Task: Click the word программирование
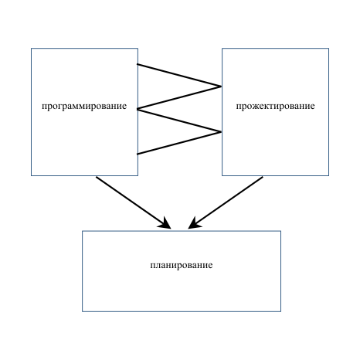pos(84,107)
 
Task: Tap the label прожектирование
pos(275,107)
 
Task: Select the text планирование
pos(182,265)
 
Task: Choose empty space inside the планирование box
pos(182,291)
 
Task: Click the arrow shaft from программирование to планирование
pos(131,200)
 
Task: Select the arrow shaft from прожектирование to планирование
pos(229,200)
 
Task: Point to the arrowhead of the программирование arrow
pos(165,223)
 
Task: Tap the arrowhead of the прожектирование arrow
pos(195,223)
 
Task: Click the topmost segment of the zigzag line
pos(179,75)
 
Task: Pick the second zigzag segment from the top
pos(179,98)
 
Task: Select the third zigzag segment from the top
pos(179,121)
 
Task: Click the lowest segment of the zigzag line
pos(179,143)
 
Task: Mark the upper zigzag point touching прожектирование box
pos(222,87)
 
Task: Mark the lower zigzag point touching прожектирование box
pos(222,132)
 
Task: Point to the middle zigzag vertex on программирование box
pos(138,109)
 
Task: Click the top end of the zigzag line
pos(138,64)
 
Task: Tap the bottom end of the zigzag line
pos(138,154)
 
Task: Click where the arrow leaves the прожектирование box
pos(263,176)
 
